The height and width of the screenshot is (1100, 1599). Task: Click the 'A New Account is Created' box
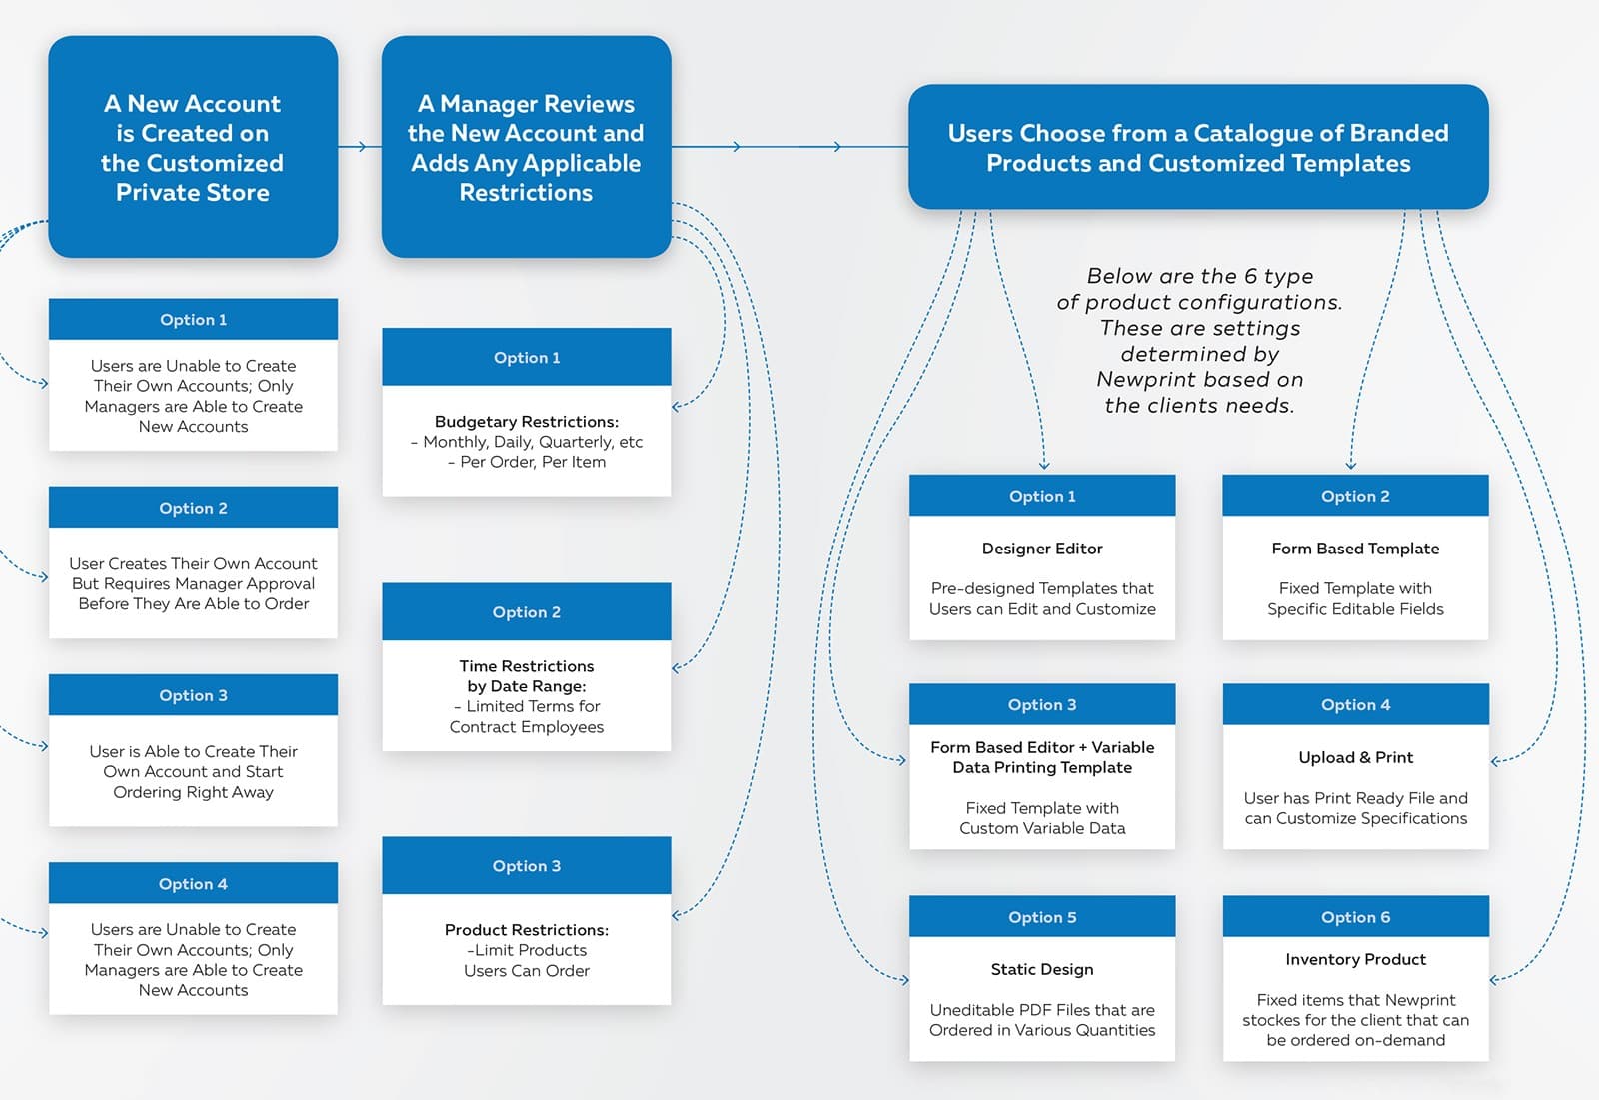[193, 147]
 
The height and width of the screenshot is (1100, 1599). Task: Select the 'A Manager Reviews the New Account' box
[526, 147]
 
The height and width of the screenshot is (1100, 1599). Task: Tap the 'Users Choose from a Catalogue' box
[1198, 147]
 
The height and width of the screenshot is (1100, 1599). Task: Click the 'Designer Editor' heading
[1042, 549]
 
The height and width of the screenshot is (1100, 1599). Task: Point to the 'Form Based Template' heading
[1355, 549]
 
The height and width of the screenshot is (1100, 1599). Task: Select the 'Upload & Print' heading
[1355, 757]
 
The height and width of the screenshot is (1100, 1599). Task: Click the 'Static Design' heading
[1042, 969]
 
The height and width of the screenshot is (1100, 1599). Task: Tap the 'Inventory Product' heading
[1355, 959]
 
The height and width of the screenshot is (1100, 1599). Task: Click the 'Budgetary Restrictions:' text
[527, 422]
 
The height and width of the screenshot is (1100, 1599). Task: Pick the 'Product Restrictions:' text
[527, 930]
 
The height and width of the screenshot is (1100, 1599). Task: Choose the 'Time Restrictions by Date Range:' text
[527, 676]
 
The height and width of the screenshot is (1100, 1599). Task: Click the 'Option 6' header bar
[1355, 917]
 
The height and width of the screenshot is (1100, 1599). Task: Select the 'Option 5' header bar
[1042, 917]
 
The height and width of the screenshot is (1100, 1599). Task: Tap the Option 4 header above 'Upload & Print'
[1355, 704]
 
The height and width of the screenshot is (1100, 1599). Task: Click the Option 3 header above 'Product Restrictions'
[527, 866]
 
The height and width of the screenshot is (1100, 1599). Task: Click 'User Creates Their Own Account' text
[193, 563]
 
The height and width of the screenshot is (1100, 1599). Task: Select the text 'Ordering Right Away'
[193, 792]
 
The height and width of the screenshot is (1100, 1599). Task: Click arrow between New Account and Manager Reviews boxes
[360, 147]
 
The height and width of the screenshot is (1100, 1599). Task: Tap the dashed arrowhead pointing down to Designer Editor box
[1044, 465]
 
